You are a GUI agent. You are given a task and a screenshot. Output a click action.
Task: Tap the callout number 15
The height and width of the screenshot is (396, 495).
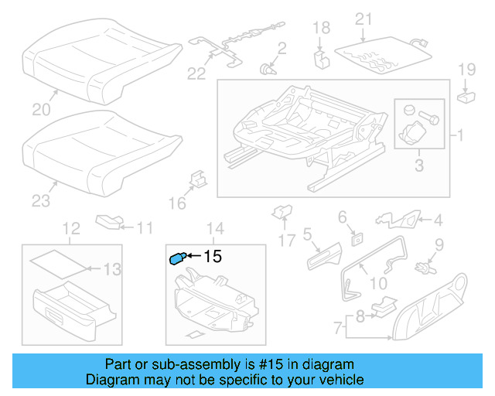pos(212,256)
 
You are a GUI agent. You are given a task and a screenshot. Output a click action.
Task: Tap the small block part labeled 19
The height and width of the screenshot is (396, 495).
pos(466,97)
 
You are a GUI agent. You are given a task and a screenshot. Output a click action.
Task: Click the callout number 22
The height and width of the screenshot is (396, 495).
pos(198,73)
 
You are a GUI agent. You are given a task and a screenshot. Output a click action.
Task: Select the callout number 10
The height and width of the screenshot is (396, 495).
pos(378,283)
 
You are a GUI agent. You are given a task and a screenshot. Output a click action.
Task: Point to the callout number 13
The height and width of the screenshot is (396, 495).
pos(112,269)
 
